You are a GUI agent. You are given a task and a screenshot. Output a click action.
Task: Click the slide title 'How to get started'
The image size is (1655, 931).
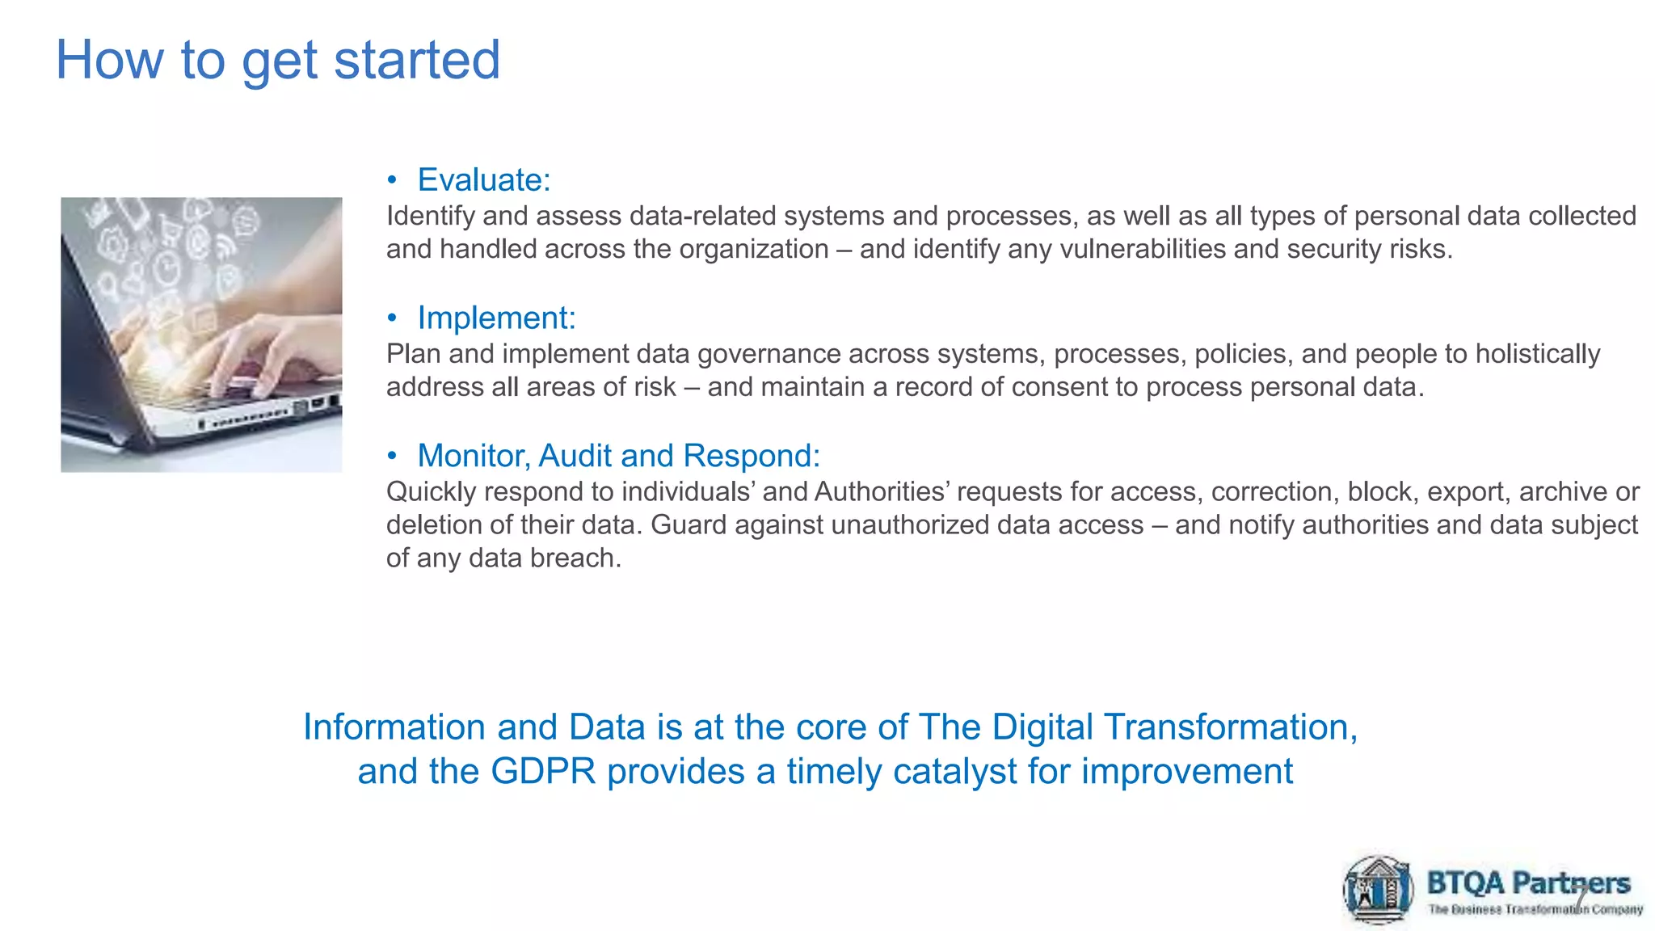(x=277, y=61)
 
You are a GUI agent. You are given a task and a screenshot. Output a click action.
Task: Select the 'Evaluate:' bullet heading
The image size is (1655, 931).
(x=483, y=179)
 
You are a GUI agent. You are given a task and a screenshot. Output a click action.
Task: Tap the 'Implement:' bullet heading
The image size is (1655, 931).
(x=496, y=318)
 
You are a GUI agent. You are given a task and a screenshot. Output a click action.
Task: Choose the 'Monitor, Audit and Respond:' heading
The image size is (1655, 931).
(x=618, y=456)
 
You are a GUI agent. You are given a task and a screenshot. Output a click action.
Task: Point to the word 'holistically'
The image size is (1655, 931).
(x=1537, y=354)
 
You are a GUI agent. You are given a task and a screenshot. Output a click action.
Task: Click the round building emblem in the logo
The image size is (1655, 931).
(x=1378, y=890)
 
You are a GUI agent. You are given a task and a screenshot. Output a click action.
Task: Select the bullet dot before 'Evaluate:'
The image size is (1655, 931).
(x=392, y=179)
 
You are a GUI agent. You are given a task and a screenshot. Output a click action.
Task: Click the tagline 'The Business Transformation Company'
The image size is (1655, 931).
(x=1535, y=910)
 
